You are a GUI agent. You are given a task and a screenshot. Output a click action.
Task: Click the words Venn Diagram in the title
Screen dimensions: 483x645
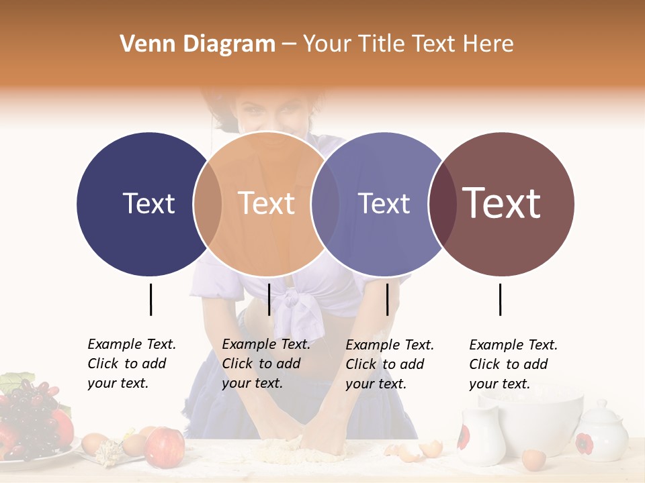tap(198, 44)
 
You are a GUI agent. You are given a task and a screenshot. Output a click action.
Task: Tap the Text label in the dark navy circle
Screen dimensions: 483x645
tap(148, 204)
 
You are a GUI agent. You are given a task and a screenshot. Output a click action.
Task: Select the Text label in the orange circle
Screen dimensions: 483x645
tap(267, 204)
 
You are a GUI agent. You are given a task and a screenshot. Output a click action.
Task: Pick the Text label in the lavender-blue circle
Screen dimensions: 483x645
tap(384, 204)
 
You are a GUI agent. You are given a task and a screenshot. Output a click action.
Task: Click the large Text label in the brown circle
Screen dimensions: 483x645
tap(502, 203)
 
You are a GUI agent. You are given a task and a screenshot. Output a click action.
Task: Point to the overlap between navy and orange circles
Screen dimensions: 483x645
tap(208, 204)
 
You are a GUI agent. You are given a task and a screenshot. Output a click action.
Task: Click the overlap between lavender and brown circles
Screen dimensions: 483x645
tap(441, 204)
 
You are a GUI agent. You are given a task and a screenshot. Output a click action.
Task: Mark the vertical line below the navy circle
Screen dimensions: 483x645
tap(150, 299)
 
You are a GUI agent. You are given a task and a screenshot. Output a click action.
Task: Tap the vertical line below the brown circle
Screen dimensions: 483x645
tap(500, 299)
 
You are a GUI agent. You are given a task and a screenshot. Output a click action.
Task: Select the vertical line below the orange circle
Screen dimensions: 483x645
tap(269, 299)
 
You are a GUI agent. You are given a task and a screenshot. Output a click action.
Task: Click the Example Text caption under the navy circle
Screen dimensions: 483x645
tap(131, 364)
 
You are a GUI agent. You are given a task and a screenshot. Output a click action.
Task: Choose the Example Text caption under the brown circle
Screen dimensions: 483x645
tap(513, 364)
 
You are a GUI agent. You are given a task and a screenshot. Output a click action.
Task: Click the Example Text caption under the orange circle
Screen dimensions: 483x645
tap(265, 364)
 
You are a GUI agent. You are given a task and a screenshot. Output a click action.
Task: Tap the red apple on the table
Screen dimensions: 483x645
tap(165, 447)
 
